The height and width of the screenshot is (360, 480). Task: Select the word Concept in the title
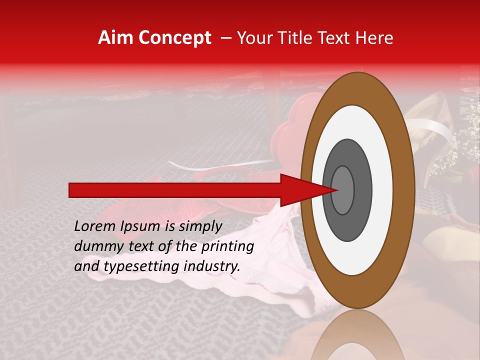[174, 38]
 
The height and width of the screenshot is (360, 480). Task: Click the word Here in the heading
[375, 38]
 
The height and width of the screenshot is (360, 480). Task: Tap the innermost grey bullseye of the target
[343, 190]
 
